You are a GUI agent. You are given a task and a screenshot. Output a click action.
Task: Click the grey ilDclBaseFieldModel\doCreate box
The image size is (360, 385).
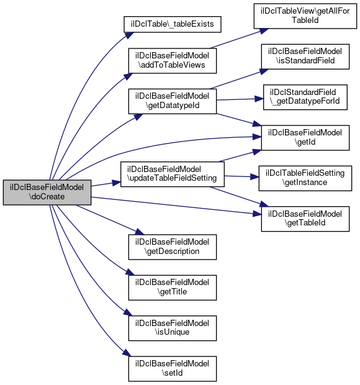coord(47,192)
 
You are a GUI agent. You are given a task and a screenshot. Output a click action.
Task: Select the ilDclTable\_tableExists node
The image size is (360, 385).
coord(173,24)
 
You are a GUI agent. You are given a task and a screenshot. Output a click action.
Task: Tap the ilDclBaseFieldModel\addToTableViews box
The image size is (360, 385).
coord(173,61)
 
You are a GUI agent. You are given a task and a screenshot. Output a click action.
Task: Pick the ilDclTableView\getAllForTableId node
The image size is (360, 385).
coord(305,16)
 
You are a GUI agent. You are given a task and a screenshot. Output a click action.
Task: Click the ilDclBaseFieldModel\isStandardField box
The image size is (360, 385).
coord(305,57)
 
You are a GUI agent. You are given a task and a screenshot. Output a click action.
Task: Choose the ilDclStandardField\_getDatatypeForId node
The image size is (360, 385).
coord(305,97)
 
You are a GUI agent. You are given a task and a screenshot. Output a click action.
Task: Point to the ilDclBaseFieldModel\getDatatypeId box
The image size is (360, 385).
coord(173,101)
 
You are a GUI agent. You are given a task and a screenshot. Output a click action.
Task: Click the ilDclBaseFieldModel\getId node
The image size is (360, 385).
coord(305,138)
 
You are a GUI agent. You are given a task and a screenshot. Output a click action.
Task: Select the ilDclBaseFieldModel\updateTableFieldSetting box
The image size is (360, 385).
coord(173,174)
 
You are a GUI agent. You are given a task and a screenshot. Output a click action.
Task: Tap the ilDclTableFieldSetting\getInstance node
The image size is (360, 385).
coord(305,178)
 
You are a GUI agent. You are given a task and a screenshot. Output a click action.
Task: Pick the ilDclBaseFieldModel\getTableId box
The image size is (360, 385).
coord(305,219)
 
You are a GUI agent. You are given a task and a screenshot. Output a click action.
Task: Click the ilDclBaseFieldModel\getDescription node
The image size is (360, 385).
coord(173,247)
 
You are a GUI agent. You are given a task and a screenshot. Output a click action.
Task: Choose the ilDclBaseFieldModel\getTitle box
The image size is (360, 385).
coord(173,288)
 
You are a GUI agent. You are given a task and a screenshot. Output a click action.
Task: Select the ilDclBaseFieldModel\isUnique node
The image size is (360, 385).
coord(173,328)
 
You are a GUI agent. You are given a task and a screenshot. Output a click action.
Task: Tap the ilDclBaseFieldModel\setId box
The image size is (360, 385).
coord(173,369)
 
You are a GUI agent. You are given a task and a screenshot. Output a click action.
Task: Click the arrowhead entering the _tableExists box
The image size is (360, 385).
coord(130,35)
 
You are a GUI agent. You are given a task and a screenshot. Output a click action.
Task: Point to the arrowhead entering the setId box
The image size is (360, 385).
coord(127,353)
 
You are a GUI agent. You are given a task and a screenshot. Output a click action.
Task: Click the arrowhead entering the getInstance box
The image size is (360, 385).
coord(254,177)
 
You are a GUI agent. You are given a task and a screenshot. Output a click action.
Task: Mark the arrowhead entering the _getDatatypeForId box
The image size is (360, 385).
coord(259,99)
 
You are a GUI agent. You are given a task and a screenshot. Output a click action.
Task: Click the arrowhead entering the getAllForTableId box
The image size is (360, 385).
coord(264,31)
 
